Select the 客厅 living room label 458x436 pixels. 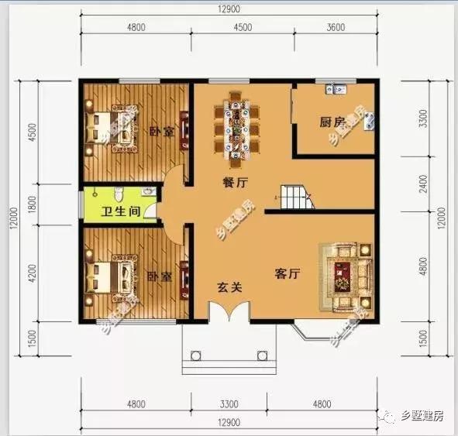tap(288, 274)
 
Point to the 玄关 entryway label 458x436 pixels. tap(229, 287)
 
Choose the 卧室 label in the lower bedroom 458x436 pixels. tap(158, 276)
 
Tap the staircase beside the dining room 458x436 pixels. tap(296, 198)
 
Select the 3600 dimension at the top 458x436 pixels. tap(336, 28)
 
